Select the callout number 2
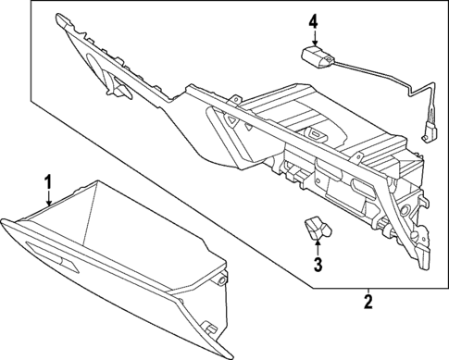tap(368, 301)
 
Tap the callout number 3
tap(318, 266)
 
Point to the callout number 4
tap(314, 20)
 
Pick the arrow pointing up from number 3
tap(318, 245)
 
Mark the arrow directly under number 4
tap(314, 39)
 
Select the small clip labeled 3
tap(317, 227)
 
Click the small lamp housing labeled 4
tap(318, 57)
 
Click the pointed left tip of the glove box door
tap(4, 221)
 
